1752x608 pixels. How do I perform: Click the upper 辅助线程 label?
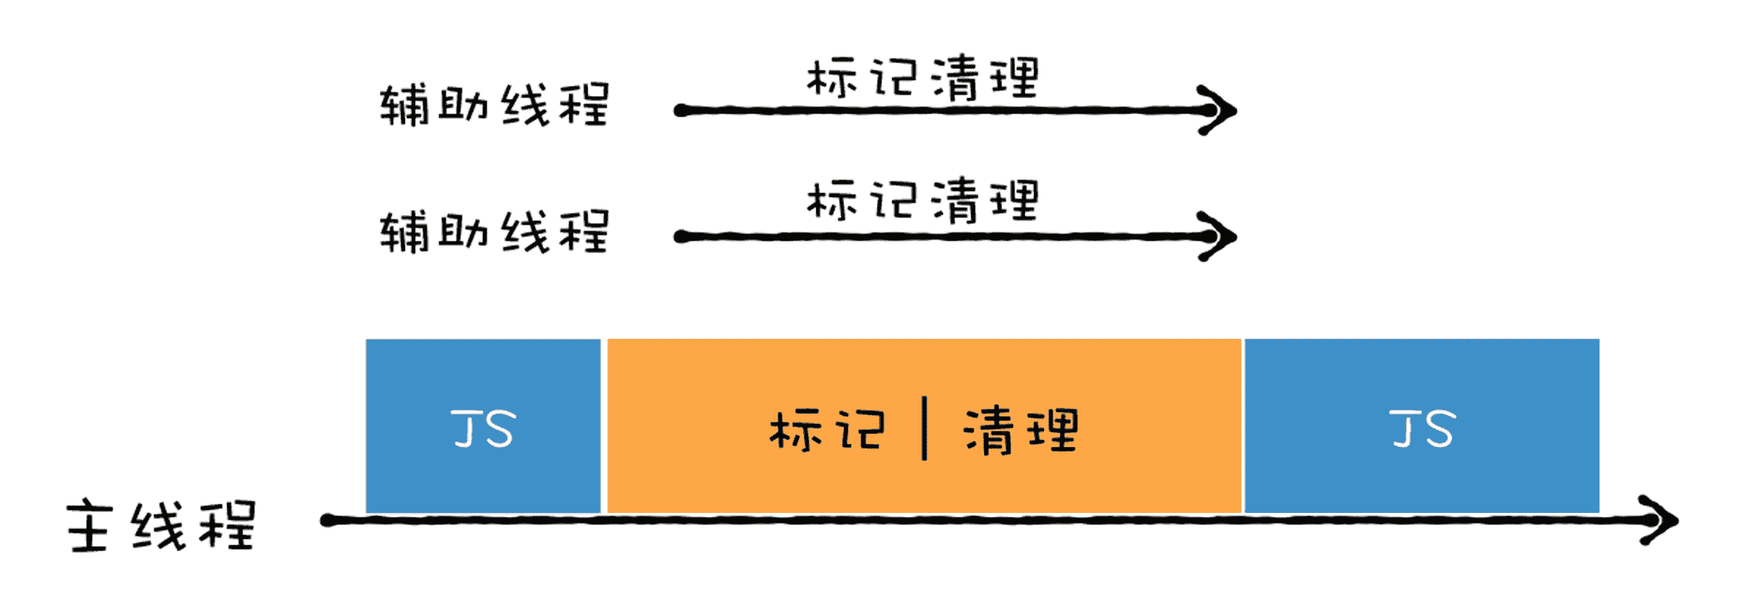pos(495,105)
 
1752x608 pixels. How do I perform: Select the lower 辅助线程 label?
pos(495,232)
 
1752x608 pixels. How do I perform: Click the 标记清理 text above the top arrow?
pos(923,78)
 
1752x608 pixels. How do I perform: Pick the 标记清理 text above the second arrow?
pos(923,201)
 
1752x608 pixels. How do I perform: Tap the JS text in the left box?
pos(483,429)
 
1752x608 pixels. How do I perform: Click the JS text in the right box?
pos(1421,429)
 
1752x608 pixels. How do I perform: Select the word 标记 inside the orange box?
pos(827,430)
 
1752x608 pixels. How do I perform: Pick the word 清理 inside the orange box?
pos(1021,430)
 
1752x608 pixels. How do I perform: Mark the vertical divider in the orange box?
pos(924,429)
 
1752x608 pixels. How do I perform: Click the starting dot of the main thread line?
pos(328,521)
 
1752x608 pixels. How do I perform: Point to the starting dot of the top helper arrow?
pos(680,111)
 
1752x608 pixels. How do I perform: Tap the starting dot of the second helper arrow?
pos(680,237)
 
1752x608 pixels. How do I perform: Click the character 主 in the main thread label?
pos(89,527)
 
